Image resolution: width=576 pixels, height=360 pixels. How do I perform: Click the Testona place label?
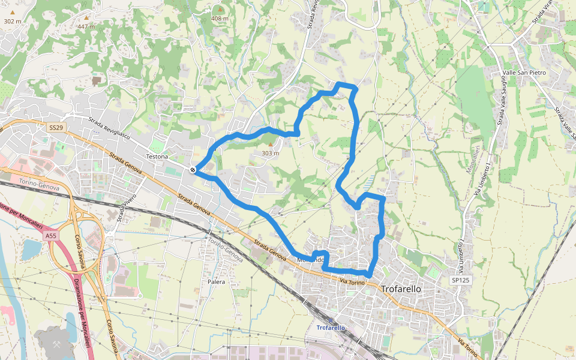tap(157, 157)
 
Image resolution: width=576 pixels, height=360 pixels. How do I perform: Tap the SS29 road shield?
tap(56, 128)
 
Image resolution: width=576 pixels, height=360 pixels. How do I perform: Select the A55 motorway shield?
tap(51, 236)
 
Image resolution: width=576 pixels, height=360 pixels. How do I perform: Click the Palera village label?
tap(216, 281)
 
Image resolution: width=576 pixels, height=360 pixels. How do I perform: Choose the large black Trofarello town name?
tap(401, 289)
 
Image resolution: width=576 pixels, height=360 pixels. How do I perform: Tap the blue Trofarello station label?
tap(331, 328)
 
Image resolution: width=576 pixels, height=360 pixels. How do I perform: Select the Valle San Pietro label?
tap(524, 73)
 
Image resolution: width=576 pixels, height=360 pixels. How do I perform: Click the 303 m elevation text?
tap(271, 153)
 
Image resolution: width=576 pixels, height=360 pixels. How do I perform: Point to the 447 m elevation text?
tap(86, 26)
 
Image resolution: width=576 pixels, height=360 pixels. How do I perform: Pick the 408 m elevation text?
tap(220, 19)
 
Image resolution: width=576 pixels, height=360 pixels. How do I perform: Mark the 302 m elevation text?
tap(12, 21)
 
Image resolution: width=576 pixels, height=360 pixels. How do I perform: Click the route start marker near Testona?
tap(193, 170)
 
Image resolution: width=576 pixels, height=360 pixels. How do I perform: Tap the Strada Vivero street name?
tap(127, 207)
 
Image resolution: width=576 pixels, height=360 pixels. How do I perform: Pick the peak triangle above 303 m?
tap(270, 145)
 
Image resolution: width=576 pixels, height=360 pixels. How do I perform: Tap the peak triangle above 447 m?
tap(86, 18)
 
